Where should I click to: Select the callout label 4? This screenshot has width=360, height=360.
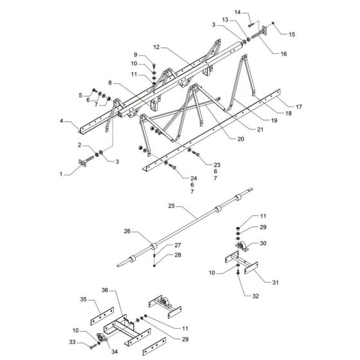62,120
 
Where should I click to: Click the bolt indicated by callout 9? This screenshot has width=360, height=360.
155,67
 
